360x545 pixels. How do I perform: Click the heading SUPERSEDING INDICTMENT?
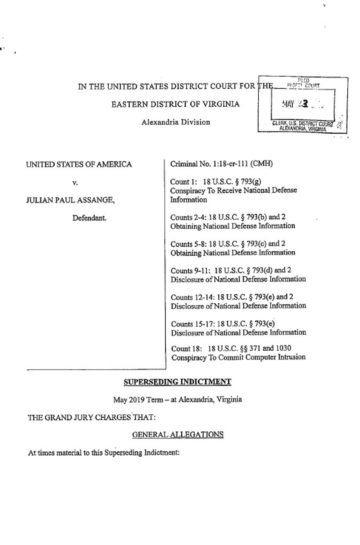click(x=177, y=382)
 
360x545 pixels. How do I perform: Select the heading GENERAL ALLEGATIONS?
click(x=178, y=434)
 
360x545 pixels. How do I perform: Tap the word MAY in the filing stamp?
click(x=289, y=103)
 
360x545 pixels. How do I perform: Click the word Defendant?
click(x=89, y=218)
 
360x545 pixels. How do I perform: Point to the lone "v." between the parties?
click(x=74, y=182)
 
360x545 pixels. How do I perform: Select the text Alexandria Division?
click(x=176, y=122)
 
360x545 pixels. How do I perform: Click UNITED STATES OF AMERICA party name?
click(x=79, y=164)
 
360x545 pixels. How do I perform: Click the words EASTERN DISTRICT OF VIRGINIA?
click(x=175, y=104)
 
